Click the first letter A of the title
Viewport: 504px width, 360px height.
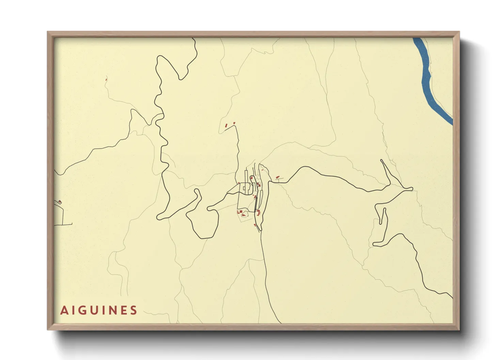pos(64,310)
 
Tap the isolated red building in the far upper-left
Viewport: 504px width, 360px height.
pos(106,80)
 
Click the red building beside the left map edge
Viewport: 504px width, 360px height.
pos(60,202)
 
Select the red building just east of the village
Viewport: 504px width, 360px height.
pos(278,177)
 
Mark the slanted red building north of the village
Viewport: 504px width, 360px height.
pos(226,126)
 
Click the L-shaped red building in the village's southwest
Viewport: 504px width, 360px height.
pos(239,212)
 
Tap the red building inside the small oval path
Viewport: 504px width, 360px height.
pos(243,215)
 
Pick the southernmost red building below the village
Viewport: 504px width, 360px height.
pos(255,225)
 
